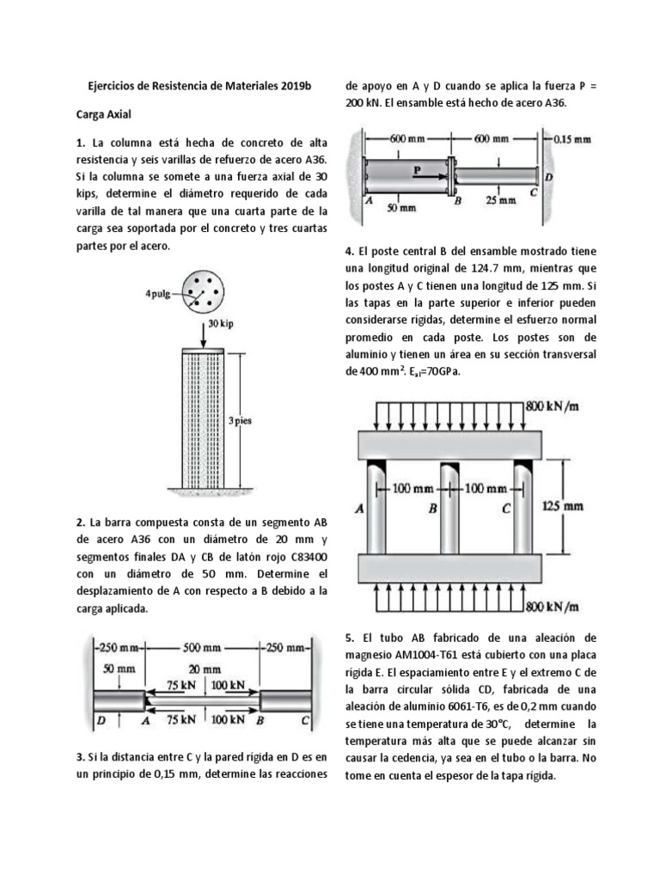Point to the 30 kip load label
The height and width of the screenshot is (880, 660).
point(221,325)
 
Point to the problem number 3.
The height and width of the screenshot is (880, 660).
point(79,757)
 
